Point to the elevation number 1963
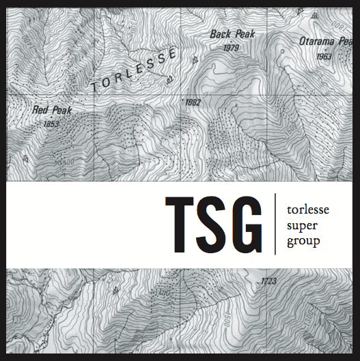[x=325, y=57]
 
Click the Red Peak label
[x=52, y=109]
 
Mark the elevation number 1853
[x=51, y=124]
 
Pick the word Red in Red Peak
[x=40, y=109]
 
